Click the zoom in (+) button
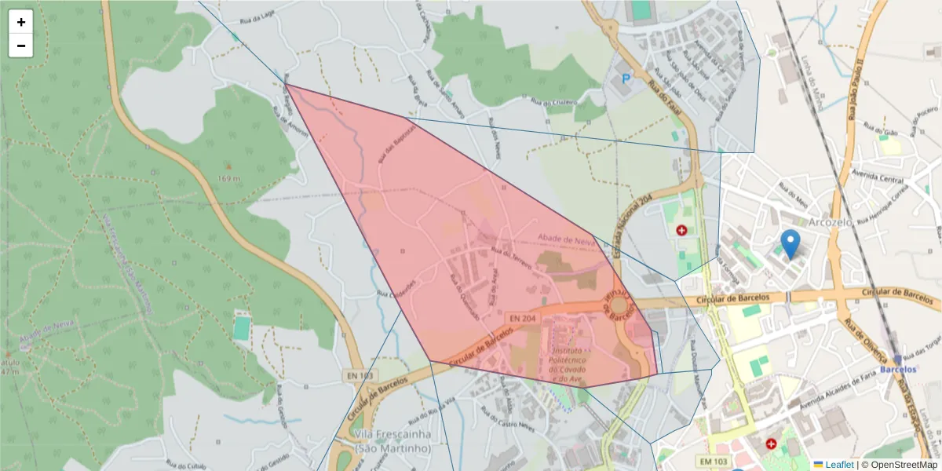[21, 22]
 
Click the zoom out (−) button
[21, 46]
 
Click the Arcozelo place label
[830, 222]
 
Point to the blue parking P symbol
[626, 78]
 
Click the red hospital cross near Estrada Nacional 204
[681, 231]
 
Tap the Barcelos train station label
[898, 369]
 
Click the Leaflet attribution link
[838, 465]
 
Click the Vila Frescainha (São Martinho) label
[392, 441]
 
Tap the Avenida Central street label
[882, 178]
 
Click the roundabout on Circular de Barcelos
[619, 305]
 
